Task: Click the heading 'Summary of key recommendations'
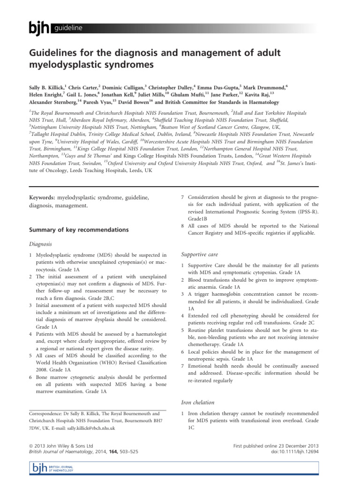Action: [x=73, y=230]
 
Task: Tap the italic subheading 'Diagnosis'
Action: [x=40, y=245]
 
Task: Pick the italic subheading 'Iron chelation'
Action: [x=198, y=402]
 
